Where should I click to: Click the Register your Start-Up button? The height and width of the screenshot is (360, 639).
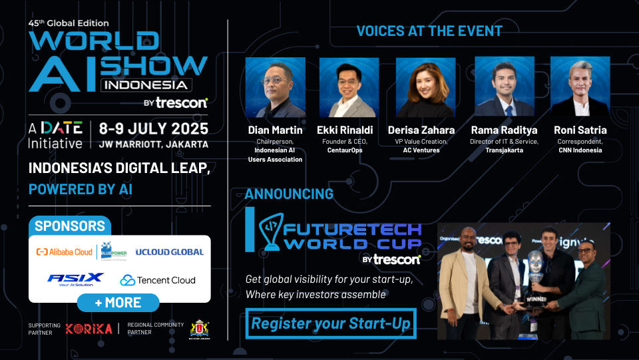(331, 324)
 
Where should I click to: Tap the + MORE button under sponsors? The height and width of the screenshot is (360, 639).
(118, 303)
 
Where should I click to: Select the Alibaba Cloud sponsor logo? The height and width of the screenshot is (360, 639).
(65, 252)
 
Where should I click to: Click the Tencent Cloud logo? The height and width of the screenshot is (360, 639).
(158, 280)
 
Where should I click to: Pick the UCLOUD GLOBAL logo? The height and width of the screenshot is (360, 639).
(169, 252)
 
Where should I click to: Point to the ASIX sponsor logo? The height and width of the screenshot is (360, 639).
(75, 279)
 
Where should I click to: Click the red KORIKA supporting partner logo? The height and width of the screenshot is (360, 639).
(87, 329)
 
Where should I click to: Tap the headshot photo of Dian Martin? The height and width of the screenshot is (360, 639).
(276, 87)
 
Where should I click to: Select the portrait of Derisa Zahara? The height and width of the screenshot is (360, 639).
(425, 87)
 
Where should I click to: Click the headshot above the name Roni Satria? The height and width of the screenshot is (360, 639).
(580, 87)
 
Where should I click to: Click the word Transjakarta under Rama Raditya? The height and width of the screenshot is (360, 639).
(505, 150)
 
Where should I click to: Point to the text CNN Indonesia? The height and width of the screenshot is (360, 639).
(580, 150)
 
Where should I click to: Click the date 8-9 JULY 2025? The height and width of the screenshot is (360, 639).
(153, 128)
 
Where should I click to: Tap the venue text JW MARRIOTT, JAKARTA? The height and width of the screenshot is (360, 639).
(153, 144)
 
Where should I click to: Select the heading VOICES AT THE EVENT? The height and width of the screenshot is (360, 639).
(429, 31)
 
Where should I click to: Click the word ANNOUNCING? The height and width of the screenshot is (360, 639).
(289, 194)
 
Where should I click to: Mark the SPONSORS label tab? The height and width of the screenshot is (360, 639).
(70, 226)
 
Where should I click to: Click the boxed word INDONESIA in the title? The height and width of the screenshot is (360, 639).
(146, 85)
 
